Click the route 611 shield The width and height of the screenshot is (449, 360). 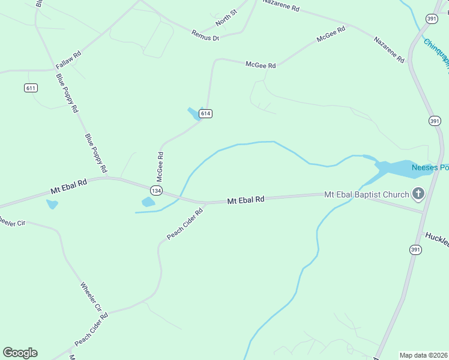tap(31, 88)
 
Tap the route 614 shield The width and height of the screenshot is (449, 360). tap(206, 113)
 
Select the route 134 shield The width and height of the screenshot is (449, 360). tap(156, 190)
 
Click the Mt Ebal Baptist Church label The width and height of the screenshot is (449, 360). tap(366, 194)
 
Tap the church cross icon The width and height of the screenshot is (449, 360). tap(418, 194)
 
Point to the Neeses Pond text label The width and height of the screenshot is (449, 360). tap(430, 167)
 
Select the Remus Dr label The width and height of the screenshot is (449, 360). tap(205, 34)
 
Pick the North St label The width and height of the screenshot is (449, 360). tap(227, 18)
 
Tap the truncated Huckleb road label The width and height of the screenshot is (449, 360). tap(436, 238)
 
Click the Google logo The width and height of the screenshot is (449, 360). tap(20, 353)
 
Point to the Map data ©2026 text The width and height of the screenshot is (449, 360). tap(423, 355)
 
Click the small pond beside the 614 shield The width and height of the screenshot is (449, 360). tap(194, 113)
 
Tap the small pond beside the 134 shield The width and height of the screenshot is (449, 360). tap(148, 202)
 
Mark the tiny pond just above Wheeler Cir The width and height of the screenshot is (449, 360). tap(52, 204)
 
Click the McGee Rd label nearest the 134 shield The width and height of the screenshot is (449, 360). tap(160, 166)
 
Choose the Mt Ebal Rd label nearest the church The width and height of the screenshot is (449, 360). tap(246, 200)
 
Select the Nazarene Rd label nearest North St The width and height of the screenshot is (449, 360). tap(281, 7)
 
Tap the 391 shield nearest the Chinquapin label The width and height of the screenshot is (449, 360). tap(432, 19)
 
